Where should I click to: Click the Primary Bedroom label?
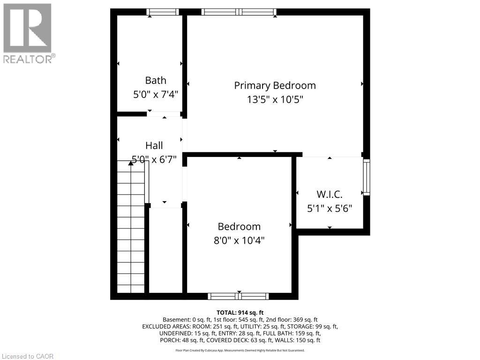[x=275, y=85]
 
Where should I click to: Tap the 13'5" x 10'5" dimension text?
[x=275, y=99]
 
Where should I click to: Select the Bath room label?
[x=156, y=81]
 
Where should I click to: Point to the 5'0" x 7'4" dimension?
[x=156, y=94]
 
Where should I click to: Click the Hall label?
[x=154, y=145]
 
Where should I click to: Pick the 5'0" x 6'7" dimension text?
[x=154, y=159]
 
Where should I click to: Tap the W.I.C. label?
[x=330, y=194]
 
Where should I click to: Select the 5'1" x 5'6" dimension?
[x=330, y=208]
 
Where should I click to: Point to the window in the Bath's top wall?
[x=163, y=12]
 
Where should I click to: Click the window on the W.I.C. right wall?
[x=367, y=177]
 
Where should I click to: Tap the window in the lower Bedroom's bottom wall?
[x=239, y=296]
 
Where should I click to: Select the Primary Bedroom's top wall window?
[x=239, y=12]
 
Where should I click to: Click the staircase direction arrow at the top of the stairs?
[x=131, y=164]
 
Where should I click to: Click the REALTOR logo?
[x=28, y=33]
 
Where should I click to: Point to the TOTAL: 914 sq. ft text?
[x=240, y=312]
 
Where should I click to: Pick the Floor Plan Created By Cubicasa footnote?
[x=240, y=350]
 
